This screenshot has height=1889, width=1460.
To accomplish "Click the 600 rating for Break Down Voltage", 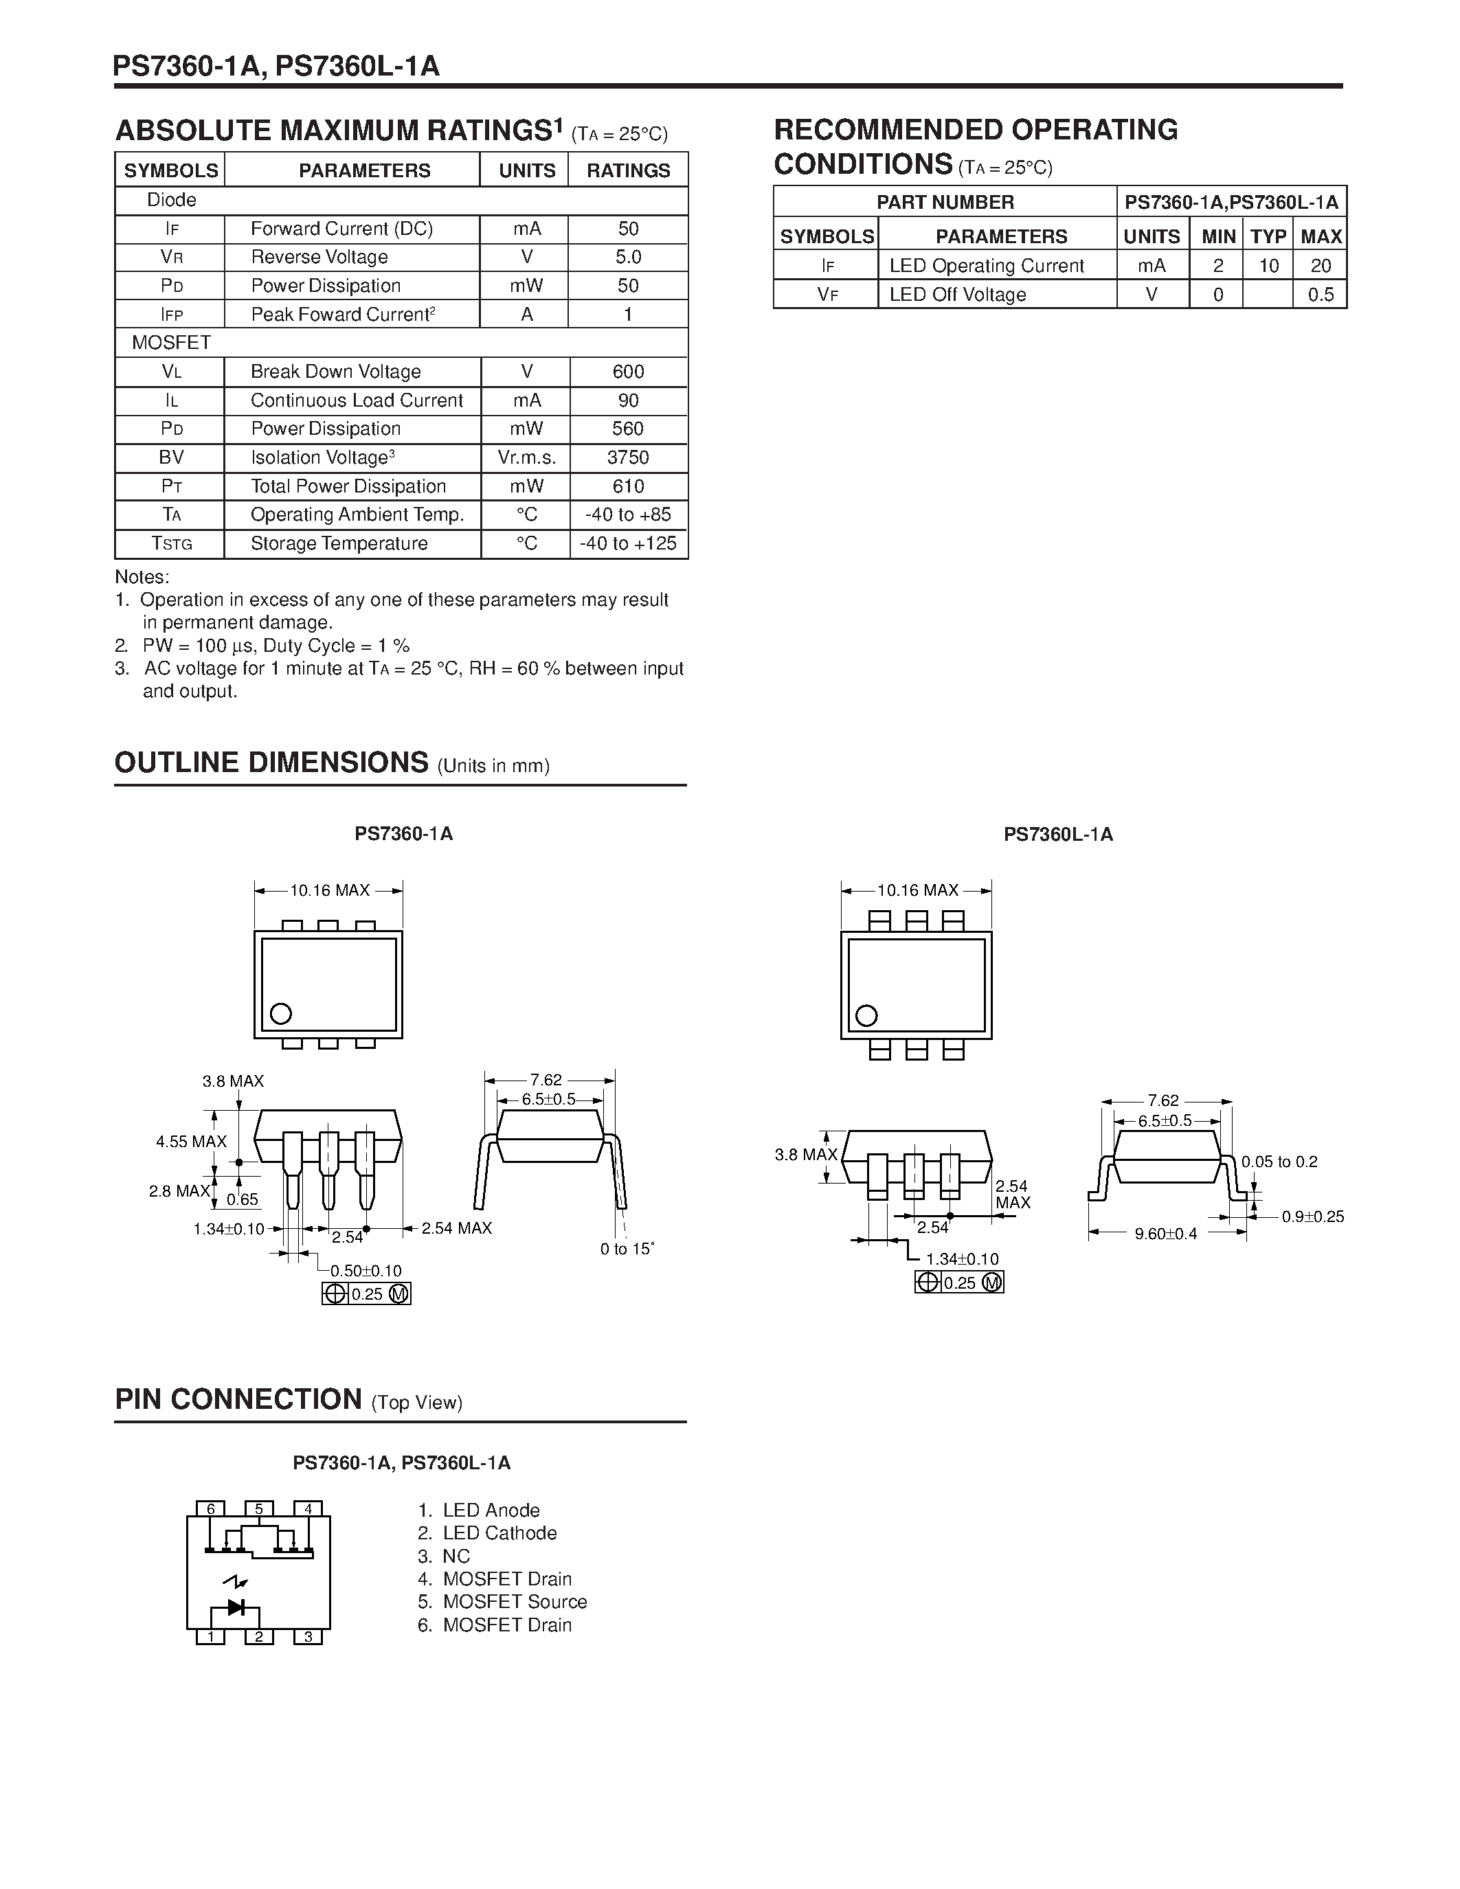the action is [x=628, y=372].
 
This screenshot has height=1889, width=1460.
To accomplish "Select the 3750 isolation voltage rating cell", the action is [x=628, y=457].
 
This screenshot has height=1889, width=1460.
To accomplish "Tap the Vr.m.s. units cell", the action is [x=526, y=457].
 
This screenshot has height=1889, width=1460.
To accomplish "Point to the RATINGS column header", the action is [x=628, y=170].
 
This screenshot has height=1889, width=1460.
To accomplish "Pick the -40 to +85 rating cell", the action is [x=628, y=514].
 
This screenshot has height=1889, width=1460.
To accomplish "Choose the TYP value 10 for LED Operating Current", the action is [x=1268, y=266].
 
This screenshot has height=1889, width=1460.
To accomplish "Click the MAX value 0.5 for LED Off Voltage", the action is [x=1321, y=295].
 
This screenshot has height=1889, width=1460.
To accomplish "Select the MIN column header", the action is [x=1218, y=236].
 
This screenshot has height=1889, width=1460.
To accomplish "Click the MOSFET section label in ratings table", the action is [x=171, y=343].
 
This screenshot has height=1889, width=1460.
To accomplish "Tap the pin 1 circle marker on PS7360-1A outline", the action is [x=281, y=1013].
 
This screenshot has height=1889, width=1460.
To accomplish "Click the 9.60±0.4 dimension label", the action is [x=1166, y=1234].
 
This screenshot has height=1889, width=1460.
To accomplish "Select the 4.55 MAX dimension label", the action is [x=191, y=1142].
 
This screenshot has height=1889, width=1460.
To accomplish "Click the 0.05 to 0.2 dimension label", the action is [x=1279, y=1162].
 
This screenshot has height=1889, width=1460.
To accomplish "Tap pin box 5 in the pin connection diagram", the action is [x=258, y=1509].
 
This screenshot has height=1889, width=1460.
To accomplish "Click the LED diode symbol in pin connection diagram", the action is [x=235, y=1608].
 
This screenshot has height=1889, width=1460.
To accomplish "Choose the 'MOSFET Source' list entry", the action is [x=515, y=1602].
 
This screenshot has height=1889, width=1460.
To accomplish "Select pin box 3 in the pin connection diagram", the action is [x=308, y=1636].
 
